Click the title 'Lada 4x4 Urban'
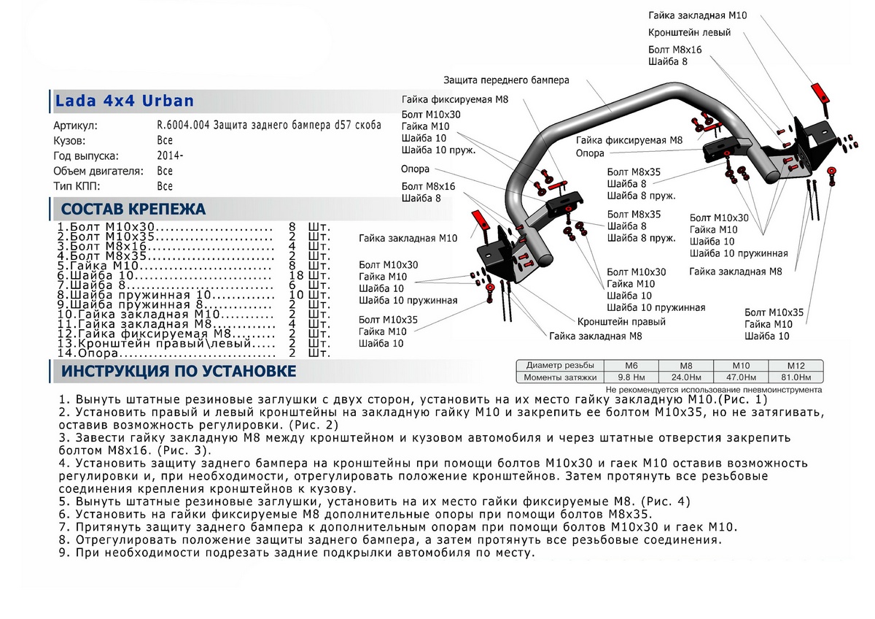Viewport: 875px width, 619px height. [125, 101]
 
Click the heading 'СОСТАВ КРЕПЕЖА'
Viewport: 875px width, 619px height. [133, 209]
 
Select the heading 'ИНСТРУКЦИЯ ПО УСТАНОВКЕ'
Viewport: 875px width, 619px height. [179, 372]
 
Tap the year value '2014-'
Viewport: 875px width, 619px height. [170, 155]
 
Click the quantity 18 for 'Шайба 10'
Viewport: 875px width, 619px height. [296, 276]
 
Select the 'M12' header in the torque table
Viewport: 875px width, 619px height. [795, 365]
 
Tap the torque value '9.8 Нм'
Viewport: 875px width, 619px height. [631, 377]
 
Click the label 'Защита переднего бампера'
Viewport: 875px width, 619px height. [505, 80]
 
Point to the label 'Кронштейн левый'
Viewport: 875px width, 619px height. [689, 33]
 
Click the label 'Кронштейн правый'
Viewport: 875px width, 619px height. [621, 321]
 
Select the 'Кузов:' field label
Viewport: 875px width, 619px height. [70, 140]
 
